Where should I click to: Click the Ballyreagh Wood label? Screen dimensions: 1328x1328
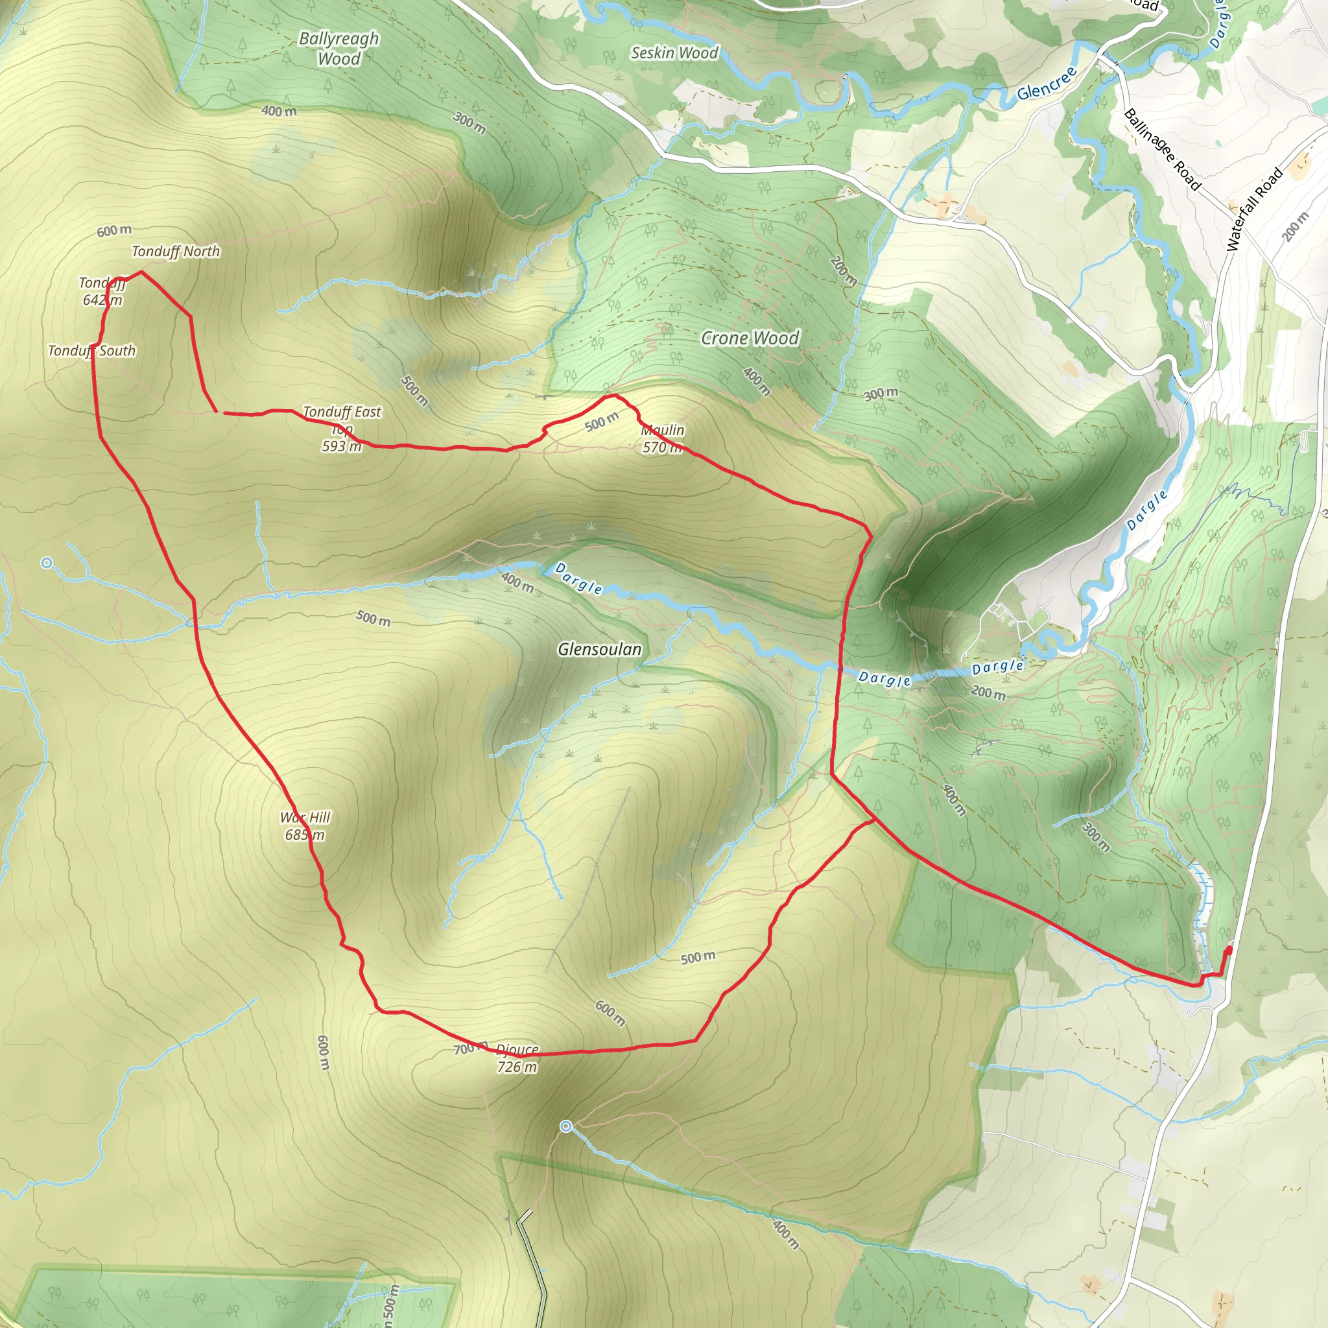[x=339, y=48]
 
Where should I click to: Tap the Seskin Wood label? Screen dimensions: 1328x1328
[x=674, y=53]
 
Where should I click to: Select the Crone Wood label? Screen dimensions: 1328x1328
[x=750, y=338]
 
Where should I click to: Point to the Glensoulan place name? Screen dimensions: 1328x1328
[x=599, y=649]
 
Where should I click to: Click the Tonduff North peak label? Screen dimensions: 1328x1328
[x=176, y=252]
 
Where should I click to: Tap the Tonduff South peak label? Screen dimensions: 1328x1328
[x=91, y=351]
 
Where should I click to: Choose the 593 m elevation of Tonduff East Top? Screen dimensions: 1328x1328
[x=342, y=446]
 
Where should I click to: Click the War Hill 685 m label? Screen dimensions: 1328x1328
[x=305, y=825]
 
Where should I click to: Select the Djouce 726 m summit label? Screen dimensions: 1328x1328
[x=517, y=1058]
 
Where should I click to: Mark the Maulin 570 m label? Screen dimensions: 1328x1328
[x=662, y=438]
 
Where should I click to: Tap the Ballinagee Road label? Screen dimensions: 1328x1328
[x=1161, y=149]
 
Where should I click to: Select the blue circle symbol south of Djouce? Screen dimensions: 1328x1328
[x=565, y=1126]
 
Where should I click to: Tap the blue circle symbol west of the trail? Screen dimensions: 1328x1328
[x=46, y=563]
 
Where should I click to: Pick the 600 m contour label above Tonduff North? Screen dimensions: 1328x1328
[x=114, y=230]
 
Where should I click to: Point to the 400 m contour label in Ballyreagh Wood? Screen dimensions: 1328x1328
[x=279, y=111]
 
